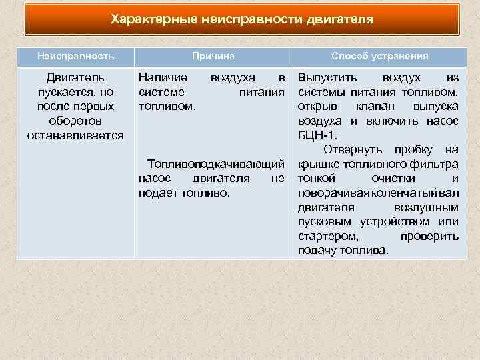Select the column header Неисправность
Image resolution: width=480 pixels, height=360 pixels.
(75, 57)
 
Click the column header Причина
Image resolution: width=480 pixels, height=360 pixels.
(213, 57)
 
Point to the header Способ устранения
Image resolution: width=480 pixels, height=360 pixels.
(380, 57)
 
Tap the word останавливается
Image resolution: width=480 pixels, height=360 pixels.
(75, 135)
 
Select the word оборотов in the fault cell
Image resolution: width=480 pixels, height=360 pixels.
(75, 121)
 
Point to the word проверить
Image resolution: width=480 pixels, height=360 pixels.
(429, 236)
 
